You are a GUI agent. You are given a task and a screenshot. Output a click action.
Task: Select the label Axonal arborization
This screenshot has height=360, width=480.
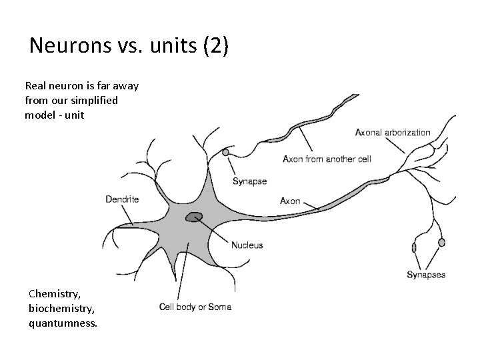coord(393,133)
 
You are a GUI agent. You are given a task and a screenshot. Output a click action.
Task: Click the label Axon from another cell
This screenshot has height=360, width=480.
coord(327,159)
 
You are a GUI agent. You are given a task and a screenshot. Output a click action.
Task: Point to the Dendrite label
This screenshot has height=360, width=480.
coord(122,199)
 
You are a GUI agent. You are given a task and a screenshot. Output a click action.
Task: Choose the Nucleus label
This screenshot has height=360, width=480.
coord(247,245)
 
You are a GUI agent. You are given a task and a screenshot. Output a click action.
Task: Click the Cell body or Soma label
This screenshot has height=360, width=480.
coord(195,307)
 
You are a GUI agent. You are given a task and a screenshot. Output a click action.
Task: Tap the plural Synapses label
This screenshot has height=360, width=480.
coord(426,274)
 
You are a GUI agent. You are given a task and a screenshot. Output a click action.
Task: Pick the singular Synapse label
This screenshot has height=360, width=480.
coord(249,181)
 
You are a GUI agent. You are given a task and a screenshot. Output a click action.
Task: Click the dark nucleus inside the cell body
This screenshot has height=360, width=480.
coord(195,217)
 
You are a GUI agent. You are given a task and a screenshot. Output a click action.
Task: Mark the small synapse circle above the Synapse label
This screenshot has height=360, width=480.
coord(226,153)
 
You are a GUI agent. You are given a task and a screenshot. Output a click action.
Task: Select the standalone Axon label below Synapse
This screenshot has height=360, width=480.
coord(290,200)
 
